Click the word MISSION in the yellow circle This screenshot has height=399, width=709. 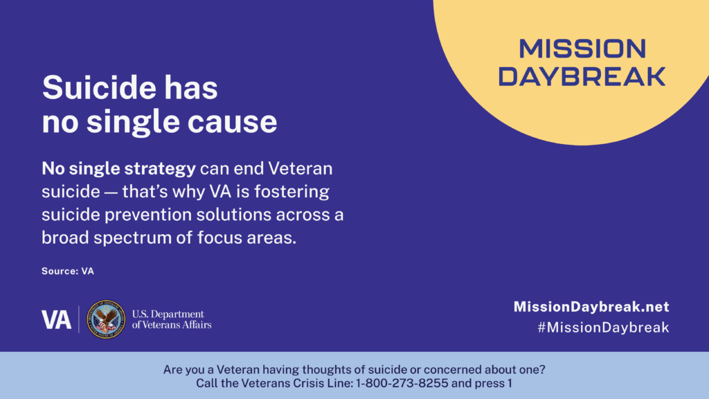(x=582, y=48)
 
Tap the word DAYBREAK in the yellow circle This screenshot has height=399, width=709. (x=582, y=76)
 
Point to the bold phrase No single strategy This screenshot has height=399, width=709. (x=118, y=169)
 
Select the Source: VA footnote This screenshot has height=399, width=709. (x=68, y=271)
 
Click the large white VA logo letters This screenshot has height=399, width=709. (x=56, y=319)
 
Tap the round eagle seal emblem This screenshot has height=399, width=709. (x=106, y=319)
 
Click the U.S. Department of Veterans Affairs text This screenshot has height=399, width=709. (x=172, y=319)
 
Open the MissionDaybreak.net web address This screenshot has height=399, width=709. (x=591, y=307)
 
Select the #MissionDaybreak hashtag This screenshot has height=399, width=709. (x=603, y=327)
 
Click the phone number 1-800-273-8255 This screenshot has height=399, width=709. (x=402, y=383)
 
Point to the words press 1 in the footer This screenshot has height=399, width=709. (x=493, y=384)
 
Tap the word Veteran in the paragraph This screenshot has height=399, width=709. (x=300, y=168)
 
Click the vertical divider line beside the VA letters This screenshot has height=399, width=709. (x=79, y=319)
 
